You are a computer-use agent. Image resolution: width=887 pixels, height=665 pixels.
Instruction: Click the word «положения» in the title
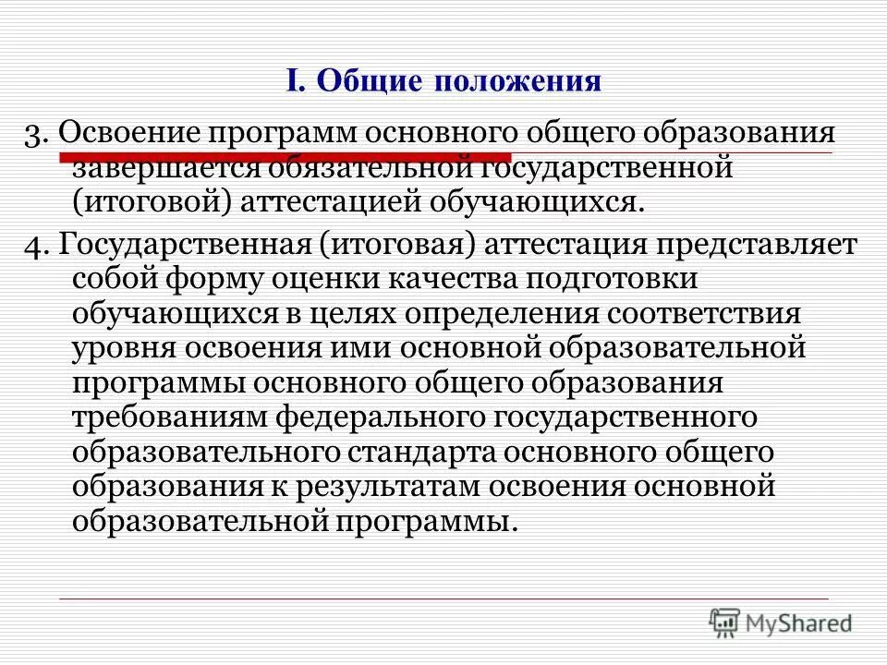click(x=518, y=81)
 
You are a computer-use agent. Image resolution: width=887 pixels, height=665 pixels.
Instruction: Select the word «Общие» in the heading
click(x=370, y=81)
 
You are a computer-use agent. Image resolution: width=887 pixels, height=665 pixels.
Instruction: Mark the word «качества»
click(x=463, y=278)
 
